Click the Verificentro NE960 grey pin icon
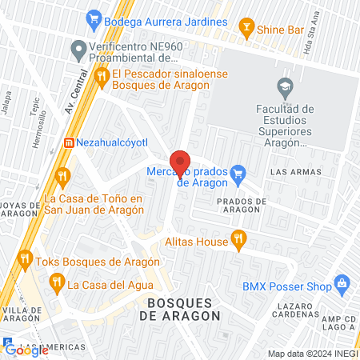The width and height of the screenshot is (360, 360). coord(78,51)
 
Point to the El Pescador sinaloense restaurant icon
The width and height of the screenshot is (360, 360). coord(102,77)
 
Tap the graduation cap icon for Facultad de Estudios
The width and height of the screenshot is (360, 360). coord(284,86)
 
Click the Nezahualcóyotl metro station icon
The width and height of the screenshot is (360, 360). coord(68,142)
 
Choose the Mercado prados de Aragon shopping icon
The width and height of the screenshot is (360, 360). coord(237,172)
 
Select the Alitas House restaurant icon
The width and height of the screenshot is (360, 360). coord(237,238)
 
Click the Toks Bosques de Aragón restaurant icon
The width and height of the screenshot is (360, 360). coord(25,260)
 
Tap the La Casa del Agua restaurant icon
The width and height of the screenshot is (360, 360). coord(56,282)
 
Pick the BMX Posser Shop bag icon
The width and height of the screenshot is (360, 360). coord(342,282)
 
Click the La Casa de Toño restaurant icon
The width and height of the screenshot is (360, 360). coord(62,176)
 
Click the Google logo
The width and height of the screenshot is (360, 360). coord(26,349)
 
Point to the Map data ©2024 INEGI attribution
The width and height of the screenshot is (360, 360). coord(312,354)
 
